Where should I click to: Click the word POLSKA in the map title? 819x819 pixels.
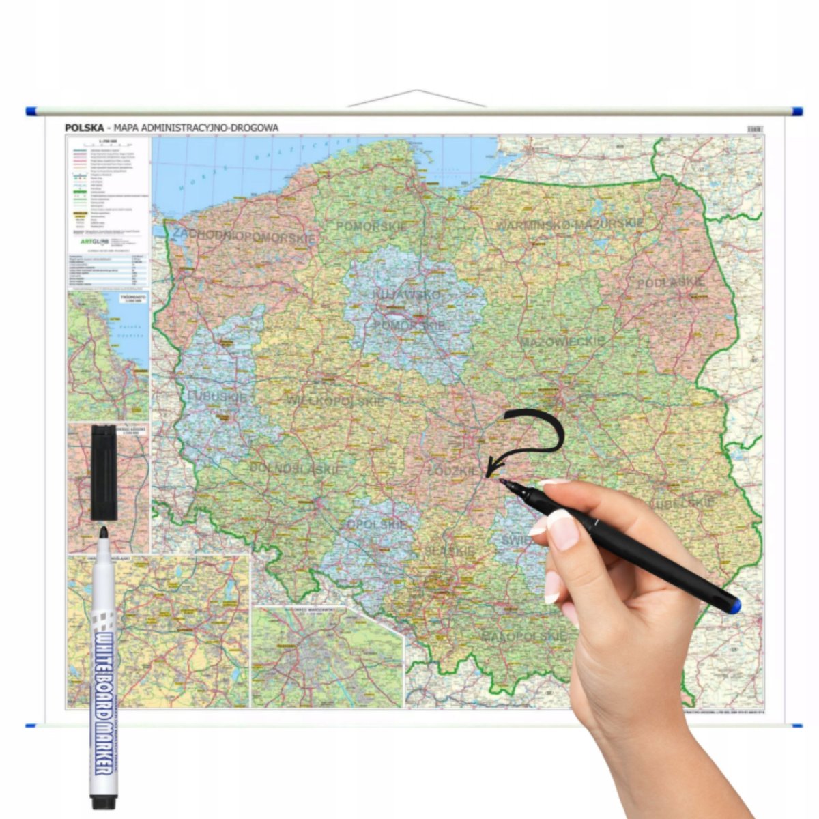84,128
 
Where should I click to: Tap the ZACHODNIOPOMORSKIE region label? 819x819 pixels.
244,236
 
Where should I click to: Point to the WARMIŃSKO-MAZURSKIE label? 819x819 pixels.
569,224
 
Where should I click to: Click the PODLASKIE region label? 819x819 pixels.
670,283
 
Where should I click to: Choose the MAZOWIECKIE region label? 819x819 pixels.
562,341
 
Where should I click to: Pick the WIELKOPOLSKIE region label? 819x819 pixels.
335,401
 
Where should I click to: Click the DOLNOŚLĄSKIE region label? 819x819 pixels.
294,469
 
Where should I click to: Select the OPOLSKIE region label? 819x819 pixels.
377,524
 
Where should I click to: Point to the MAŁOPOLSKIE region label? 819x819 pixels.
524,636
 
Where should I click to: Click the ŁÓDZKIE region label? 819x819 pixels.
453,471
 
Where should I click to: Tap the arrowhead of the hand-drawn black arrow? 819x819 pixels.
489,471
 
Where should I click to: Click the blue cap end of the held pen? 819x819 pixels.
732,605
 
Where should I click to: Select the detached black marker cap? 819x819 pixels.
104,472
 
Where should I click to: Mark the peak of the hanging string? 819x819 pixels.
417,90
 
